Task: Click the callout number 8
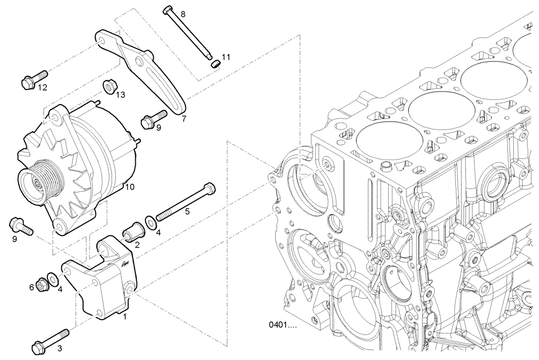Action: [x=183, y=13]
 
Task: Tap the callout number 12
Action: [x=43, y=87]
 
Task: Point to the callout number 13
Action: [x=120, y=95]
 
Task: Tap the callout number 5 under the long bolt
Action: [x=188, y=212]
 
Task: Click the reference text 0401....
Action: [x=282, y=326]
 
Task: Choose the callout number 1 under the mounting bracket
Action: [x=125, y=317]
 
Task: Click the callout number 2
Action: [x=137, y=245]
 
